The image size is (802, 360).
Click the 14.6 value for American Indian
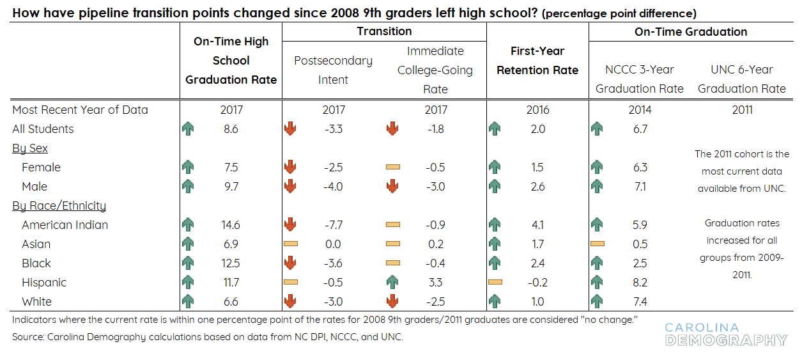pyautogui.click(x=231, y=225)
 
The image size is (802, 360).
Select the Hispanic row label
pyautogui.click(x=44, y=283)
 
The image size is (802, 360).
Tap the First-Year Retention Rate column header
pyautogui.click(x=537, y=61)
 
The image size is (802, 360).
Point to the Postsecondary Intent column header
pyautogui.click(x=333, y=70)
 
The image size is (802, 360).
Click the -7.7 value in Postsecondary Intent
pyautogui.click(x=333, y=225)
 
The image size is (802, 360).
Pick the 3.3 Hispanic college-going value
pyautogui.click(x=435, y=283)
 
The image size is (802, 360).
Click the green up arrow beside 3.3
pyautogui.click(x=392, y=283)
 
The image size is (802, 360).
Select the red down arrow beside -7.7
pyautogui.click(x=290, y=225)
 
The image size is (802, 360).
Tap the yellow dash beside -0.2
pyautogui.click(x=495, y=282)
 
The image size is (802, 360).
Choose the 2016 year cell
pyautogui.click(x=537, y=110)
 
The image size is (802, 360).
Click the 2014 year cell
pyautogui.click(x=640, y=110)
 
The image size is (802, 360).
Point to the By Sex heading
pyautogui.click(x=30, y=148)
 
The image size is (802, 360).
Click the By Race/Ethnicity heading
pyautogui.click(x=59, y=206)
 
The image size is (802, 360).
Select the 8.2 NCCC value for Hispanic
pyautogui.click(x=640, y=283)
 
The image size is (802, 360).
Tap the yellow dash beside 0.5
pyautogui.click(x=598, y=244)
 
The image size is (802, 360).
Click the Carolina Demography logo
pyautogui.click(x=725, y=334)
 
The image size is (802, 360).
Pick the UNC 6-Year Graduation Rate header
pyautogui.click(x=742, y=79)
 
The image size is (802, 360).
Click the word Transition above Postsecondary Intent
pyautogui.click(x=384, y=31)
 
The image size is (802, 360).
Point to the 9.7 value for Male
pyautogui.click(x=231, y=187)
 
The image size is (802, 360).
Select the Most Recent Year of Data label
pyautogui.click(x=80, y=110)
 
